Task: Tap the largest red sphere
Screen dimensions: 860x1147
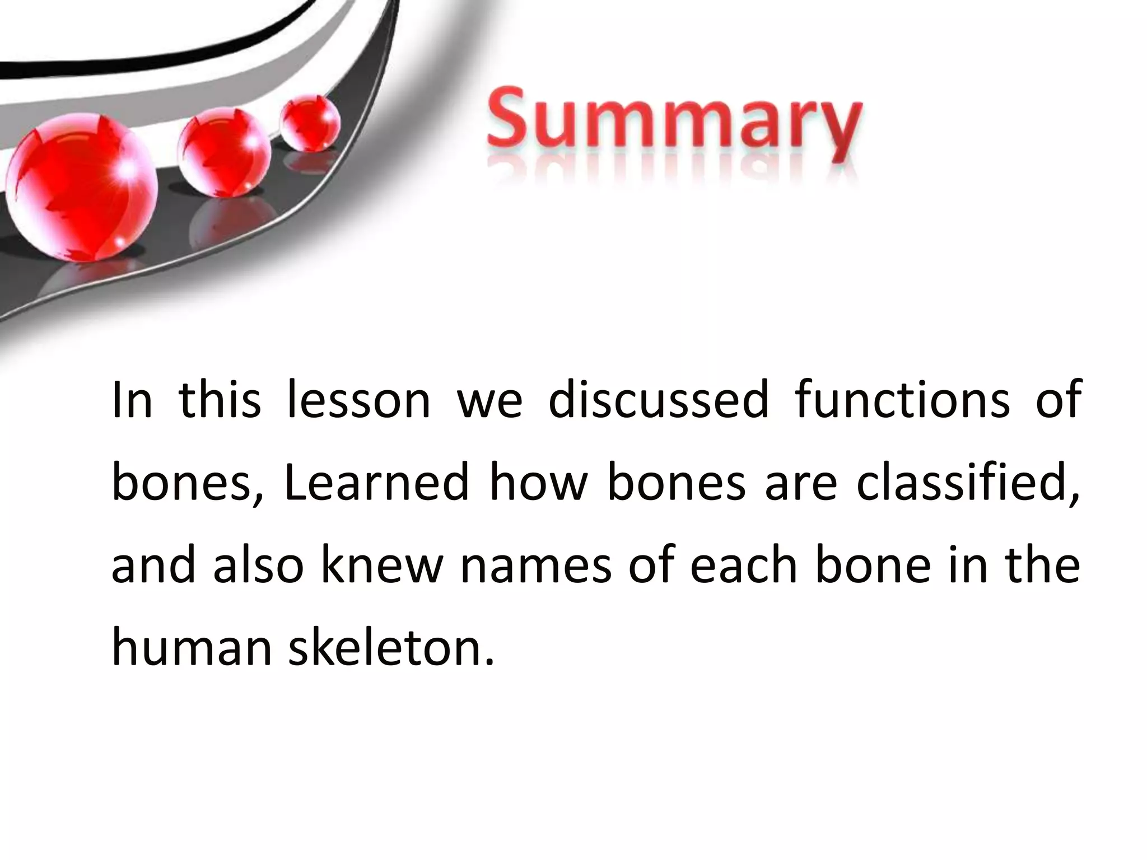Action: pos(83,186)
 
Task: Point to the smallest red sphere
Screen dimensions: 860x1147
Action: pos(310,123)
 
